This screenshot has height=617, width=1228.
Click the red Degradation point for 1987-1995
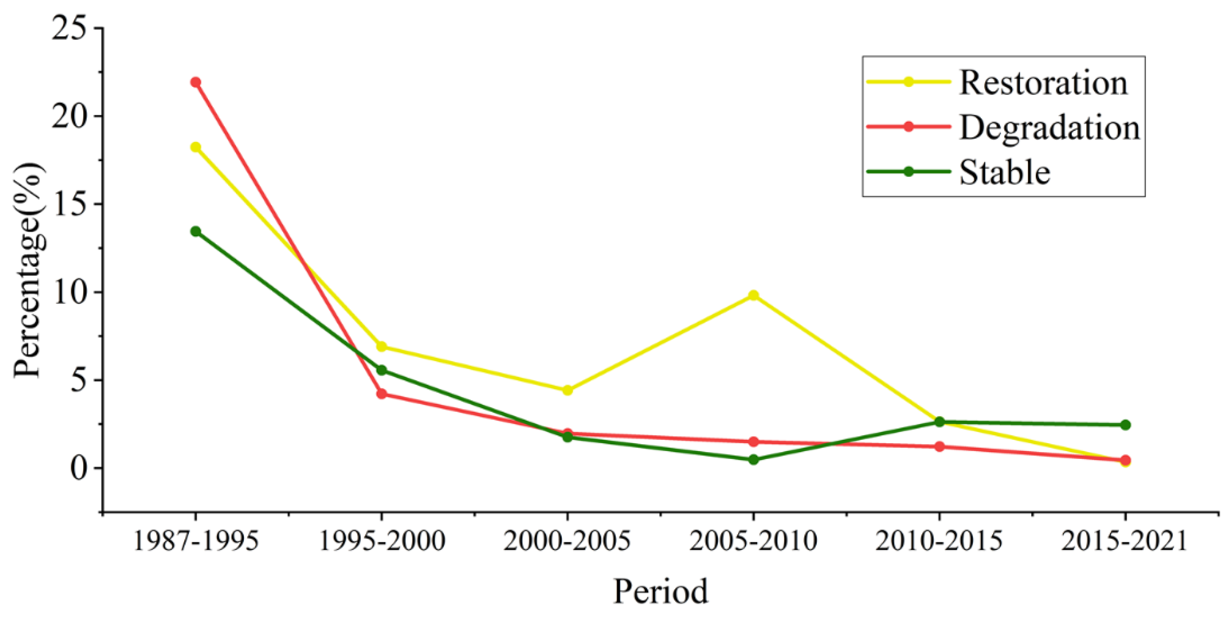(196, 82)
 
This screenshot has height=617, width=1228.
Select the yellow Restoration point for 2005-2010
(753, 295)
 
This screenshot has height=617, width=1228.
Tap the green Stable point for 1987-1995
(196, 231)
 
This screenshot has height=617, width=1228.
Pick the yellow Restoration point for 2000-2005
(567, 390)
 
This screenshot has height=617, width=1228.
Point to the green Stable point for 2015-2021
(1125, 425)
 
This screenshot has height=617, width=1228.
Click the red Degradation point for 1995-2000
(382, 394)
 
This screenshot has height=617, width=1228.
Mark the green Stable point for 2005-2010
(753, 459)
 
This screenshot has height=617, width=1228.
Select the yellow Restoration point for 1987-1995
(196, 147)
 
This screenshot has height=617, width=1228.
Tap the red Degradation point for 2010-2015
(939, 447)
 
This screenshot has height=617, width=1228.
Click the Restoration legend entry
(1043, 82)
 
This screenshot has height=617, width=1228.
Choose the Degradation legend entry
(1049, 127)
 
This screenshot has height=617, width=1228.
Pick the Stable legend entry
(1004, 172)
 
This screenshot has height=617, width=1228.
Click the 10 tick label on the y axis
(72, 292)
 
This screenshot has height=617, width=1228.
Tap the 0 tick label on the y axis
(80, 468)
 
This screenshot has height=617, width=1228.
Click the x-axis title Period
(660, 592)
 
